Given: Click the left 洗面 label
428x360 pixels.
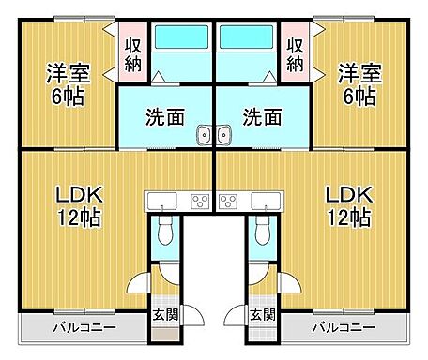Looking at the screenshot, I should pyautogui.click(x=164, y=118).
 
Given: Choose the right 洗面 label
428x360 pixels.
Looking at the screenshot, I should pyautogui.click(x=262, y=118).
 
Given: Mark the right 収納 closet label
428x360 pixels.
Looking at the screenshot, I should pyautogui.click(x=295, y=55).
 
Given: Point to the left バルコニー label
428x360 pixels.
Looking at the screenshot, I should pyautogui.click(x=84, y=328).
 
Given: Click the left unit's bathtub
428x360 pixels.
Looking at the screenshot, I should pyautogui.click(x=182, y=40).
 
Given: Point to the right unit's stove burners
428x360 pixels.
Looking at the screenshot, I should pyautogui.click(x=228, y=200).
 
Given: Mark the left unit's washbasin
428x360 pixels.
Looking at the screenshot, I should pyautogui.click(x=205, y=138).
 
